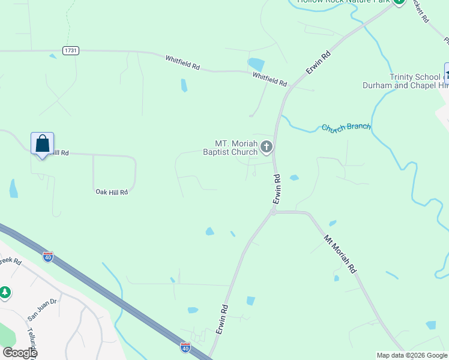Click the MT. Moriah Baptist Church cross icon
pyautogui.click(x=267, y=146)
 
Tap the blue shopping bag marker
pyautogui.click(x=42, y=144)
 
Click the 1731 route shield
pyautogui.click(x=70, y=51)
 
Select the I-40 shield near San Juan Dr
pyautogui.click(x=48, y=257)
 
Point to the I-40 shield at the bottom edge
pyautogui.click(x=185, y=347)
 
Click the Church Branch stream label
pyautogui.click(x=346, y=127)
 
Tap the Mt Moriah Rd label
pyautogui.click(x=340, y=254)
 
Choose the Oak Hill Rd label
pyautogui.click(x=112, y=192)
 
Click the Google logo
pyautogui.click(x=20, y=353)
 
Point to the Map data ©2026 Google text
pyautogui.click(x=412, y=355)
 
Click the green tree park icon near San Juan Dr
pyautogui.click(x=5, y=292)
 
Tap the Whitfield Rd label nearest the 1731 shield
pyautogui.click(x=182, y=62)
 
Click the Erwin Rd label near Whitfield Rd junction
pyautogui.click(x=318, y=63)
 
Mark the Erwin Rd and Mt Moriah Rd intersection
pyautogui.click(x=273, y=212)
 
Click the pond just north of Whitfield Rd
pyautogui.click(x=256, y=64)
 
